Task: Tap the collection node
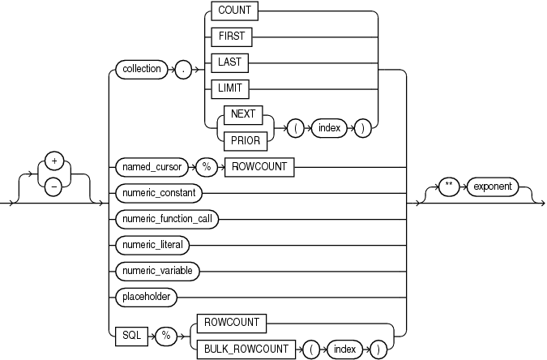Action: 140,70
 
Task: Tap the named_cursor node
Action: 151,167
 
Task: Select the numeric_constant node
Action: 158,193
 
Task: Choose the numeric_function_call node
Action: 168,219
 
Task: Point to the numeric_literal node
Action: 153,244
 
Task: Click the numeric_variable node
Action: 157,269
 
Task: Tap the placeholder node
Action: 146,296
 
